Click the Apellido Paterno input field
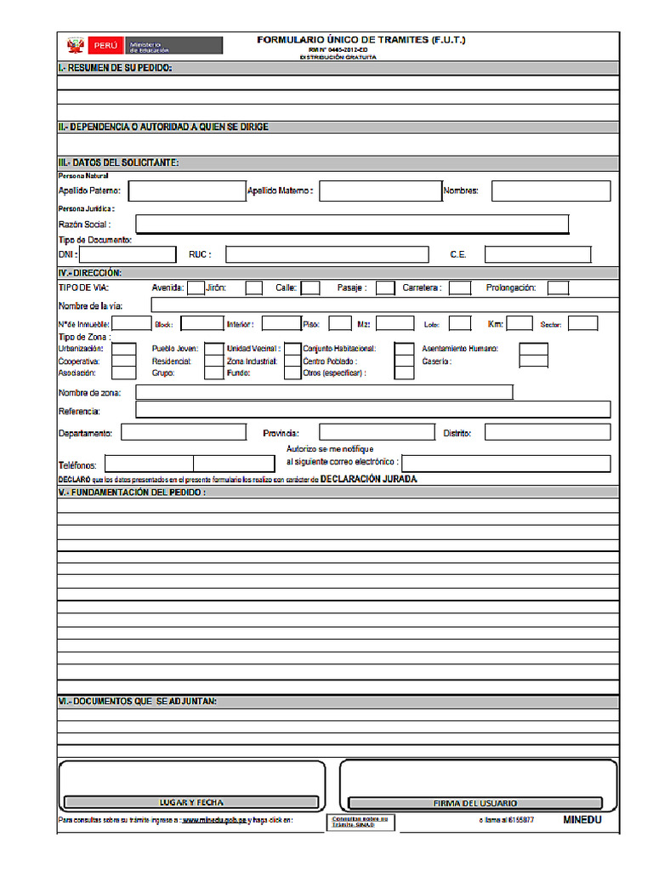(185, 191)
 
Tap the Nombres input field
(550, 191)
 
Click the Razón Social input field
(352, 224)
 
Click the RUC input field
(326, 254)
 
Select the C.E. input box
(537, 254)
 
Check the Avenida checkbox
(195, 287)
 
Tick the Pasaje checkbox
(385, 287)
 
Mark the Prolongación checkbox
(558, 287)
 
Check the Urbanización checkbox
(124, 349)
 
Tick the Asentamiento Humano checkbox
(533, 349)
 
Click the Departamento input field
(184, 432)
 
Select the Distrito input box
(547, 432)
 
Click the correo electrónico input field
(505, 463)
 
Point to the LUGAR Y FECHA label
(191, 802)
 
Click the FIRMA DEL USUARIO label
(475, 803)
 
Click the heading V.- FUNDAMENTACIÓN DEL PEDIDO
(133, 492)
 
